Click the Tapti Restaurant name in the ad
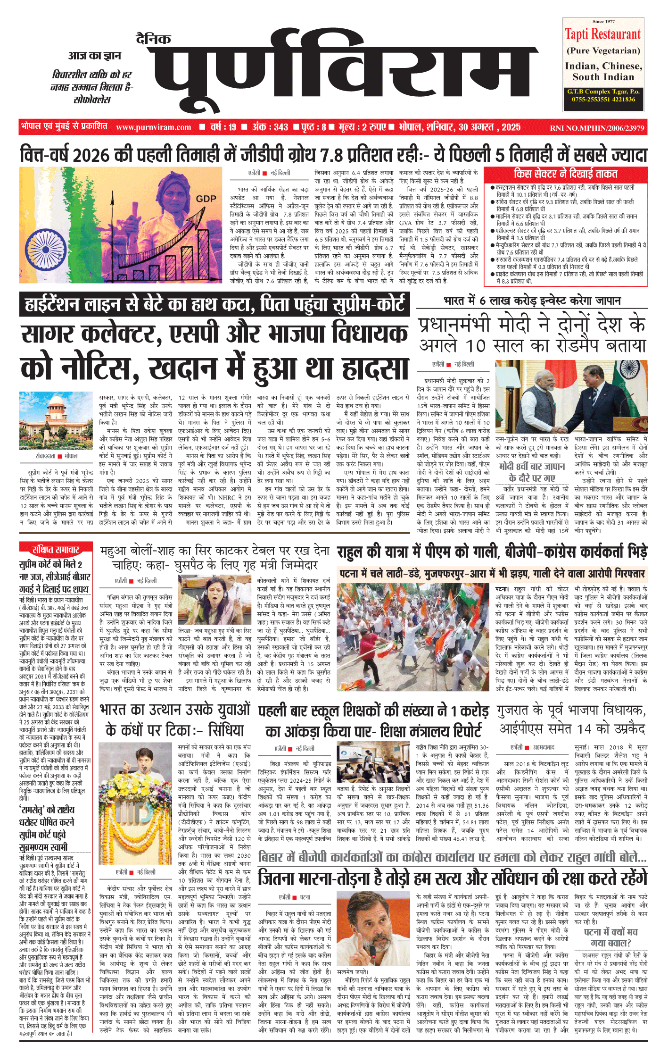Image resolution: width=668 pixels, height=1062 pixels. click(x=603, y=34)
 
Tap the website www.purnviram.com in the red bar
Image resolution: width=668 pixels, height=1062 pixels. click(x=154, y=127)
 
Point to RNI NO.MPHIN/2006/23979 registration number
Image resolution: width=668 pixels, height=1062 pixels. click(x=597, y=128)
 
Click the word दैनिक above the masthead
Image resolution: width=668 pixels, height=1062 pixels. click(x=153, y=39)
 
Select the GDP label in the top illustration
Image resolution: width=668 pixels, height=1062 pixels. click(x=206, y=199)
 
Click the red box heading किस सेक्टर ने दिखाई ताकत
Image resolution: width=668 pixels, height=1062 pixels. click(x=565, y=174)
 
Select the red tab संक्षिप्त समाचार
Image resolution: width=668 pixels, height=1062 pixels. click(x=56, y=549)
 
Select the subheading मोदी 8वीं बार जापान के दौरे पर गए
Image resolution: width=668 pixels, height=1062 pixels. click(x=531, y=472)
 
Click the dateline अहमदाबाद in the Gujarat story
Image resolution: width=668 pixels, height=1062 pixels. click(x=544, y=748)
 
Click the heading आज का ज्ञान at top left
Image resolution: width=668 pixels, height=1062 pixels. click(x=94, y=56)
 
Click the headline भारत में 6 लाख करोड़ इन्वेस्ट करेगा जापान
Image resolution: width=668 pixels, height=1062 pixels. click(x=532, y=301)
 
